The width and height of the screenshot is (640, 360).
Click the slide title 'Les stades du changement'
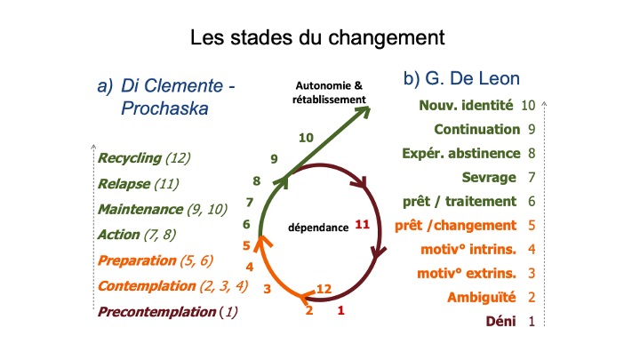click(317, 37)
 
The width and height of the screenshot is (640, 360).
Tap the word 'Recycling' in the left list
click(130, 158)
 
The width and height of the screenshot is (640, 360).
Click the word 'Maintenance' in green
click(140, 210)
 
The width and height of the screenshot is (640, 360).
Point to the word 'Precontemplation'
click(156, 312)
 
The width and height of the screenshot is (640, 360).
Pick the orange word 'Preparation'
click(137, 260)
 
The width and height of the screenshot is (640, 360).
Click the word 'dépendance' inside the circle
click(318, 228)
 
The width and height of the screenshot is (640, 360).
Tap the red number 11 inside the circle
click(362, 225)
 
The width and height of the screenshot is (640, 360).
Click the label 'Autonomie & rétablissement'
click(329, 92)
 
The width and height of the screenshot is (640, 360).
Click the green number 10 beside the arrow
click(306, 138)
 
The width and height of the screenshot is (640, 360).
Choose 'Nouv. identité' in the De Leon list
click(466, 105)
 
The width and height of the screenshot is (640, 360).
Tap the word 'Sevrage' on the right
click(489, 178)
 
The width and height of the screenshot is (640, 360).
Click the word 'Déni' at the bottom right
click(500, 322)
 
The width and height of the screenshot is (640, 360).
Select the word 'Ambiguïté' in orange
click(482, 298)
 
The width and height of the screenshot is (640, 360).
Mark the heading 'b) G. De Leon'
click(461, 78)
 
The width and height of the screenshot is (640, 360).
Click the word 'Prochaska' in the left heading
click(164, 108)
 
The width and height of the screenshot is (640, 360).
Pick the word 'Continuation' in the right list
click(477, 130)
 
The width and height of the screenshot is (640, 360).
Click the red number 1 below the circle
click(340, 310)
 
